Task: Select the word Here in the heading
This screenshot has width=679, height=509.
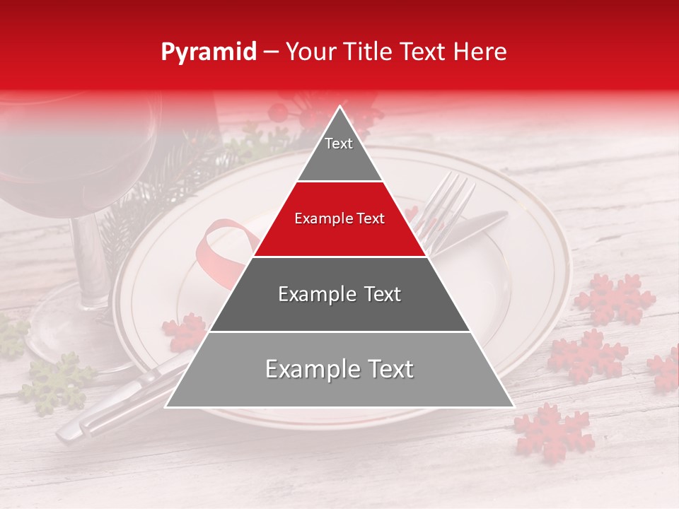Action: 480,52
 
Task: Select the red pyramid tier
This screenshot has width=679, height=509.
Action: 339,223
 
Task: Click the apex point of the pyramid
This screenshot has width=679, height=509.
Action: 340,107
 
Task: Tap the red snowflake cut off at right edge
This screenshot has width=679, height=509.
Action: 665,371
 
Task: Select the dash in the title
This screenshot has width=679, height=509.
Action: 270,52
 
